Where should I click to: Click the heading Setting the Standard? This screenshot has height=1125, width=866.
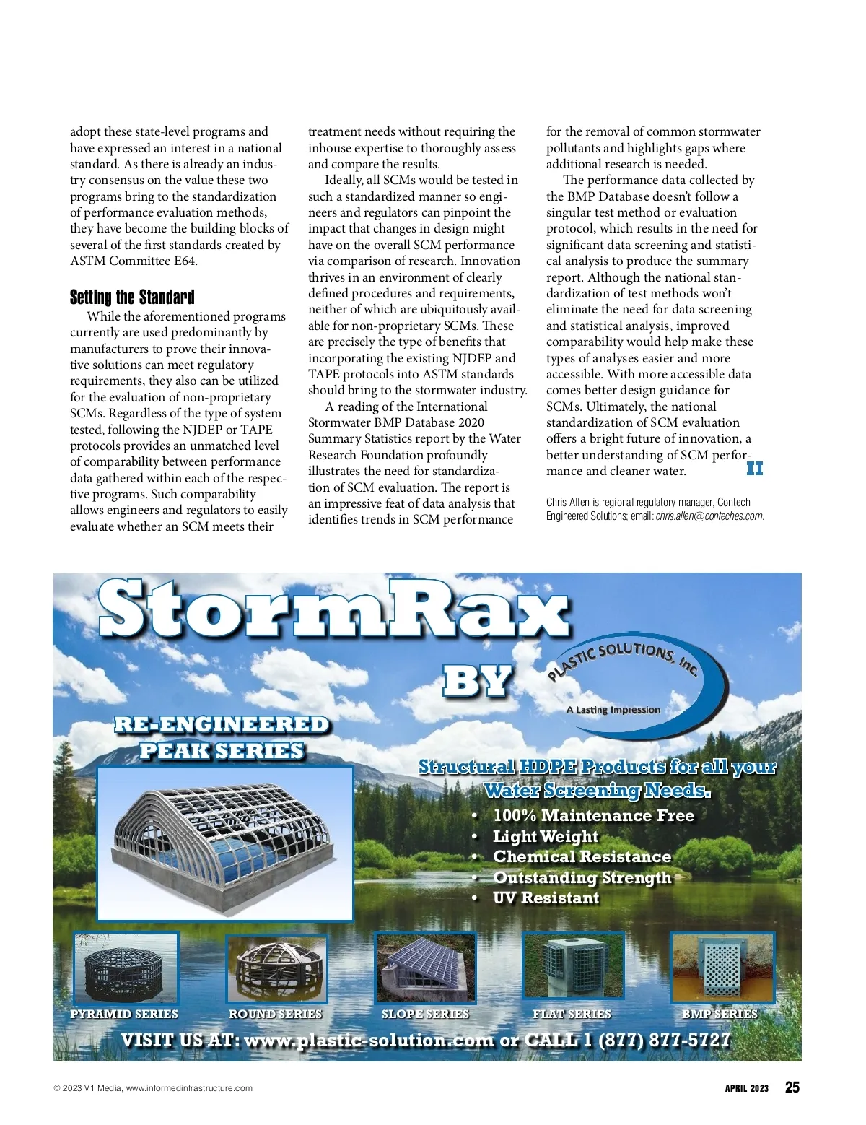(x=132, y=297)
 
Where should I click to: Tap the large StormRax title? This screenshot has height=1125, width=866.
(x=334, y=611)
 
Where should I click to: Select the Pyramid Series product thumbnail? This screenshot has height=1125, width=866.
(x=126, y=968)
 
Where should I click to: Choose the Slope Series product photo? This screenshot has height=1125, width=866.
(x=425, y=968)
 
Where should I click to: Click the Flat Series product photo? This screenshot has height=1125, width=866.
(x=572, y=968)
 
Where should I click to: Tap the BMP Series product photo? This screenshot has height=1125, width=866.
(x=722, y=968)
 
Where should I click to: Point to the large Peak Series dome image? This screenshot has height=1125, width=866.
(x=224, y=843)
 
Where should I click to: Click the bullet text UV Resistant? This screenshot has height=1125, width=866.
(x=546, y=898)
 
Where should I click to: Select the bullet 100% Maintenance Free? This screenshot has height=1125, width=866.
(x=593, y=816)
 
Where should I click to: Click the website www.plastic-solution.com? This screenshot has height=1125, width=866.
(x=369, y=1041)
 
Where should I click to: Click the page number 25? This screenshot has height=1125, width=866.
(x=792, y=1087)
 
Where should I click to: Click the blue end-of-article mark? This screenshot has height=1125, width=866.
(x=754, y=469)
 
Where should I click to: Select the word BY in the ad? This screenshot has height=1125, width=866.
(x=477, y=682)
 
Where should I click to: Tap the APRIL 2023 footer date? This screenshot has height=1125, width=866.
(x=747, y=1088)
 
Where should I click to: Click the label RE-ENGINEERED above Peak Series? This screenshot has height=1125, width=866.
(x=222, y=724)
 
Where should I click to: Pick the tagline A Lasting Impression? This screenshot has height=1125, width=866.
(x=613, y=710)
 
